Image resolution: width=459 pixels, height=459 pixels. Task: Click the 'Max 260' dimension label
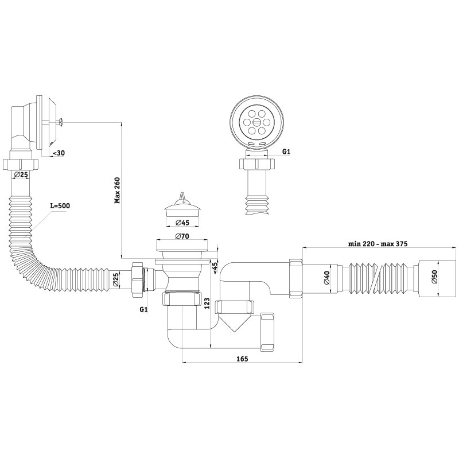pyautogui.click(x=118, y=190)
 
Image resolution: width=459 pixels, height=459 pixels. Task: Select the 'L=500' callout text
pyautogui.click(x=60, y=206)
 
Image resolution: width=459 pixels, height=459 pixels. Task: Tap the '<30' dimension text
pyautogui.click(x=59, y=153)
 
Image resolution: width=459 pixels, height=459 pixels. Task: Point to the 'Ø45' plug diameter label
pyautogui.click(x=182, y=223)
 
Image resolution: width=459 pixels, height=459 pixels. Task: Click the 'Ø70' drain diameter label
pyautogui.click(x=182, y=236)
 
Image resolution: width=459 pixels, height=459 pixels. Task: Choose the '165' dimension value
pyautogui.click(x=242, y=359)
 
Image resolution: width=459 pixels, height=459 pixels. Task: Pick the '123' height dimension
pyautogui.click(x=207, y=304)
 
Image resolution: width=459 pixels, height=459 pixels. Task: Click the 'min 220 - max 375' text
pyautogui.click(x=378, y=243)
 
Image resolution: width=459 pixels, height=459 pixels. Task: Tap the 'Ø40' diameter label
pyautogui.click(x=326, y=278)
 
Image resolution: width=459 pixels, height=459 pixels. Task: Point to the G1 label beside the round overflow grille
pyautogui.click(x=286, y=151)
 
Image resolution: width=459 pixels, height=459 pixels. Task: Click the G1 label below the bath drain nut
pyautogui.click(x=143, y=309)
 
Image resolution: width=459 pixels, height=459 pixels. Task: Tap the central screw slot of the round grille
pyautogui.click(x=256, y=122)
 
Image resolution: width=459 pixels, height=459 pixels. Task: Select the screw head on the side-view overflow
pyautogui.click(x=60, y=122)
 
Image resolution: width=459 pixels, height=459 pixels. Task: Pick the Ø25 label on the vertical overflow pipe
pyautogui.click(x=21, y=175)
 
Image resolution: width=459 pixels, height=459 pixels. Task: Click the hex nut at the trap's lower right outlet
pyautogui.click(x=267, y=332)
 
